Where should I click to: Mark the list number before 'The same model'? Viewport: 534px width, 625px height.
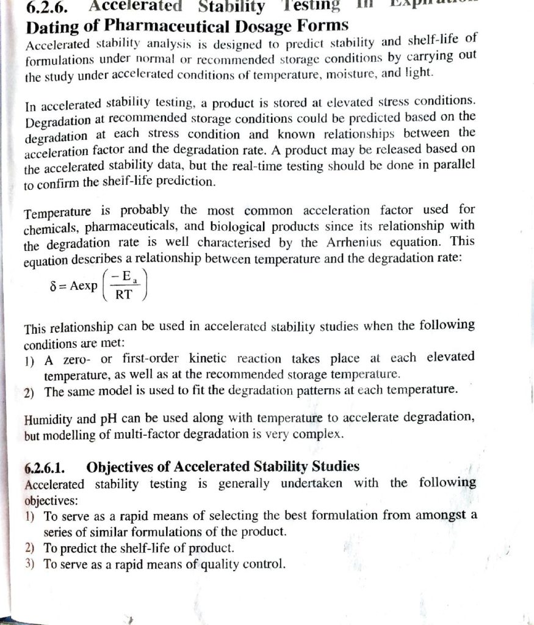[x=29, y=392]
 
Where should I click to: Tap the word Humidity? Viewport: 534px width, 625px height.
[x=52, y=421]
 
